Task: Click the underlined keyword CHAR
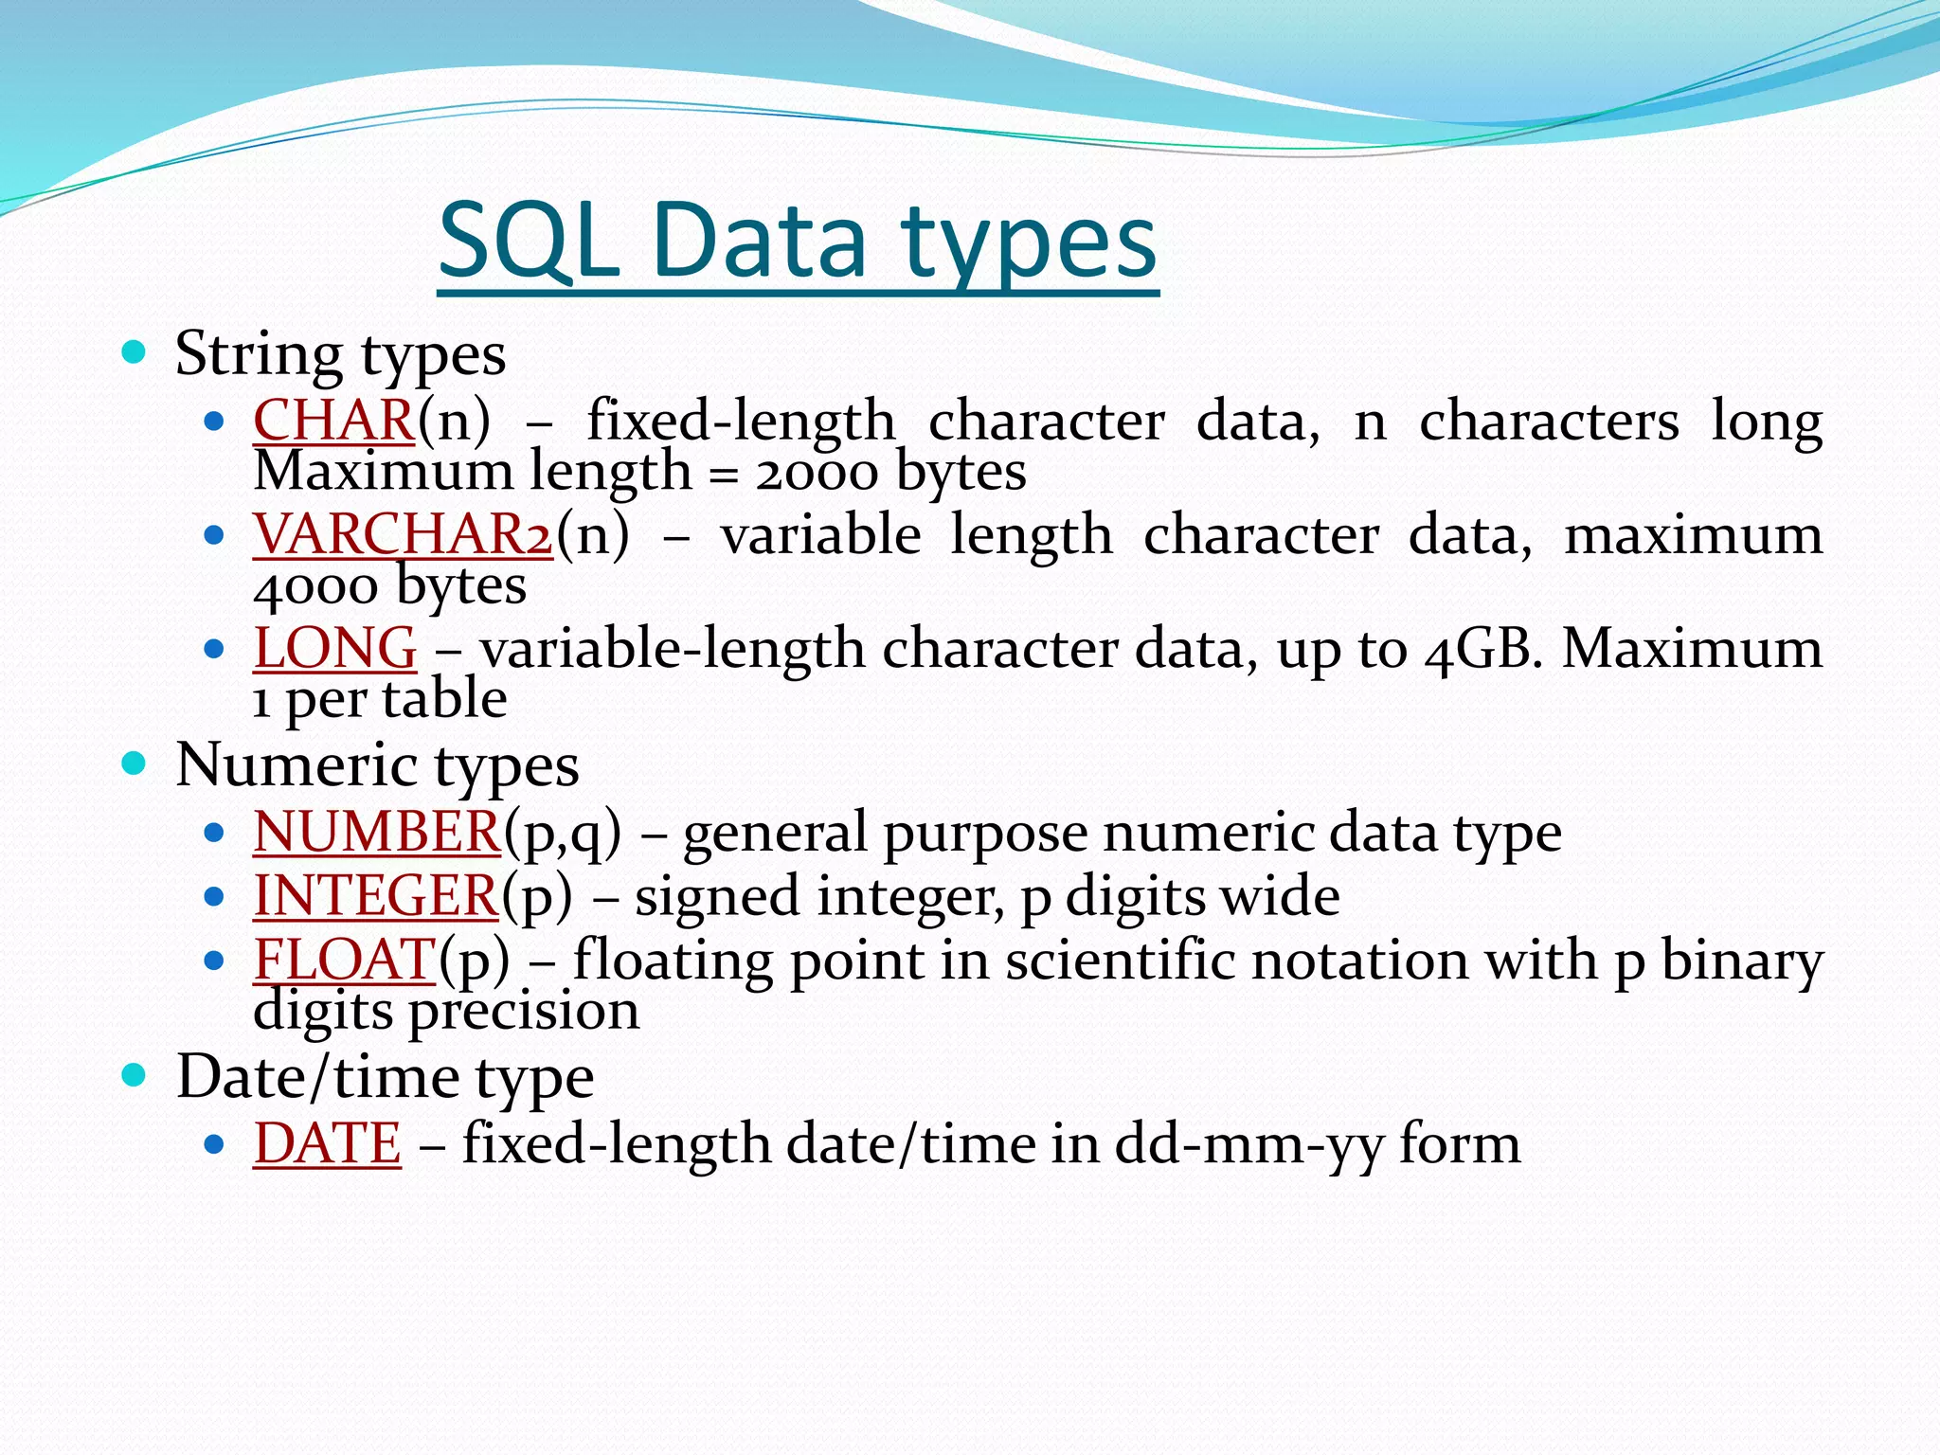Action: click(x=333, y=420)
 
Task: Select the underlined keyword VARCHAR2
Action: click(x=403, y=534)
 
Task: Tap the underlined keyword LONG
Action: click(x=334, y=648)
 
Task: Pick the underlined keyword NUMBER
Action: click(x=376, y=832)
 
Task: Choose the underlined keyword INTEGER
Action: click(x=375, y=896)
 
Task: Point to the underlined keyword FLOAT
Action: click(x=344, y=960)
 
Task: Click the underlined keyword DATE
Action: click(x=327, y=1143)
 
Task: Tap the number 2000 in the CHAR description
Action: click(x=817, y=472)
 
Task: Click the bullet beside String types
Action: click(x=135, y=354)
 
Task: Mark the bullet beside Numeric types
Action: click(x=135, y=763)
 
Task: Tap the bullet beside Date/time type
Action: click(x=135, y=1075)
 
